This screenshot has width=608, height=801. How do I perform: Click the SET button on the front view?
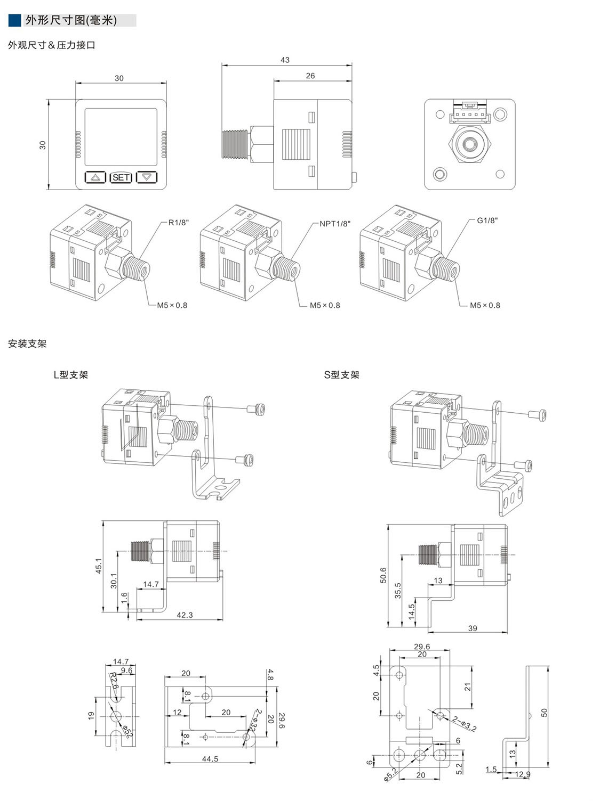pyautogui.click(x=121, y=177)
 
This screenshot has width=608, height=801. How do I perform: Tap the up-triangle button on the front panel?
pyautogui.click(x=95, y=177)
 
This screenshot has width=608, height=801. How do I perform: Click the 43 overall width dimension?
pyautogui.click(x=285, y=60)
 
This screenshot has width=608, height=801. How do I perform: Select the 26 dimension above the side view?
pyautogui.click(x=310, y=76)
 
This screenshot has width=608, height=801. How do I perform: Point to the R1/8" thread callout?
pyautogui.click(x=179, y=223)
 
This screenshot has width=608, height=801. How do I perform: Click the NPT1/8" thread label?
pyautogui.click(x=335, y=224)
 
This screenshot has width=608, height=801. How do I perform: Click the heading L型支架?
pyautogui.click(x=71, y=375)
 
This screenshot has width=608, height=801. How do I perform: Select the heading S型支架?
pyautogui.click(x=342, y=375)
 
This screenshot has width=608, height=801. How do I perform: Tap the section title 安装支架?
pyautogui.click(x=27, y=344)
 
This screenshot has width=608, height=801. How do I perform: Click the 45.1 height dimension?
pyautogui.click(x=98, y=566)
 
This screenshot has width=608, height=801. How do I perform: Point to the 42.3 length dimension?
pyautogui.click(x=185, y=615)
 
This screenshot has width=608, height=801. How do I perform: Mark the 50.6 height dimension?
pyautogui.click(x=383, y=576)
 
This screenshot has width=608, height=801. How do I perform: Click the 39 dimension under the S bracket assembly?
pyautogui.click(x=473, y=628)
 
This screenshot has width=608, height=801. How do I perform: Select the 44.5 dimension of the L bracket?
pyautogui.click(x=210, y=759)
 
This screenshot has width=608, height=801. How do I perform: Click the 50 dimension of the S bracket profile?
pyautogui.click(x=545, y=713)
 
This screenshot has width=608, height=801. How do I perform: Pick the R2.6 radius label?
pyautogui.click(x=114, y=681)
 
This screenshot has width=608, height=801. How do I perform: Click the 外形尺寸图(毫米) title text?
pyautogui.click(x=71, y=21)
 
